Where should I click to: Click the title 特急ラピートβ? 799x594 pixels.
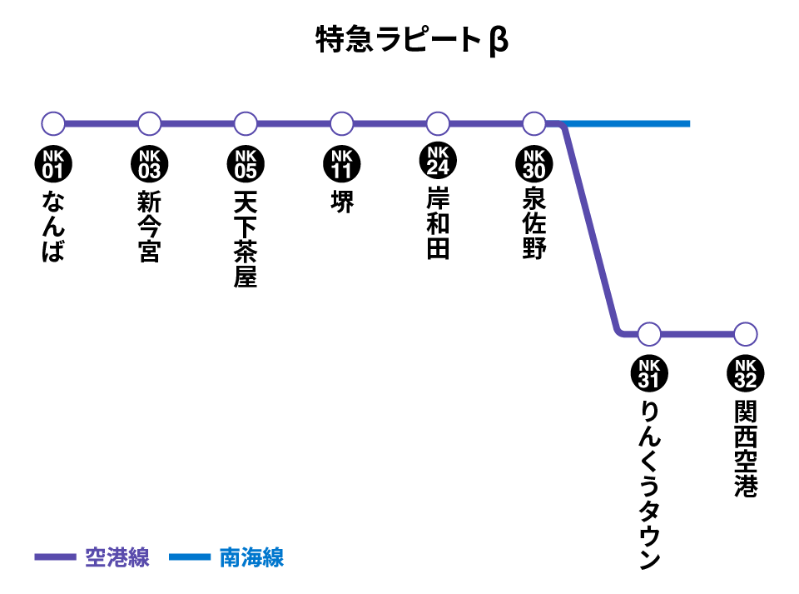[412, 40]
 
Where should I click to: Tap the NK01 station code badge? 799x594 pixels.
[53, 164]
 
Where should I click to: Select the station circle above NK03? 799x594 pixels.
[149, 124]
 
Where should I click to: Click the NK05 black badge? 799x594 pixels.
[246, 164]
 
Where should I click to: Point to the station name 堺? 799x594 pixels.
[342, 202]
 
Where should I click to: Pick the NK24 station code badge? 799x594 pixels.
[438, 161]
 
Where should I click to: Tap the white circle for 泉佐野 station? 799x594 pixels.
[534, 124]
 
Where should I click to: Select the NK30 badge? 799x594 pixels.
[534, 164]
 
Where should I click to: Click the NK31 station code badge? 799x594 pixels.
[649, 374]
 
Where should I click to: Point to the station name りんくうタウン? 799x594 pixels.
[650, 485]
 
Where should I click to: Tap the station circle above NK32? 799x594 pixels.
[746, 334]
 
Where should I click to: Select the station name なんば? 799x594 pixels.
[53, 227]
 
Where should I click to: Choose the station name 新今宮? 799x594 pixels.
[149, 227]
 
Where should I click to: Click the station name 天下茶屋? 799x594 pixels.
[246, 238]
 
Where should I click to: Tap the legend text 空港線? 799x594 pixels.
[117, 557]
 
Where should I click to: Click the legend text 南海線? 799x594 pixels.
[251, 557]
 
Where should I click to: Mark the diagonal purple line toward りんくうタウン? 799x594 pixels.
[591, 229]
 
